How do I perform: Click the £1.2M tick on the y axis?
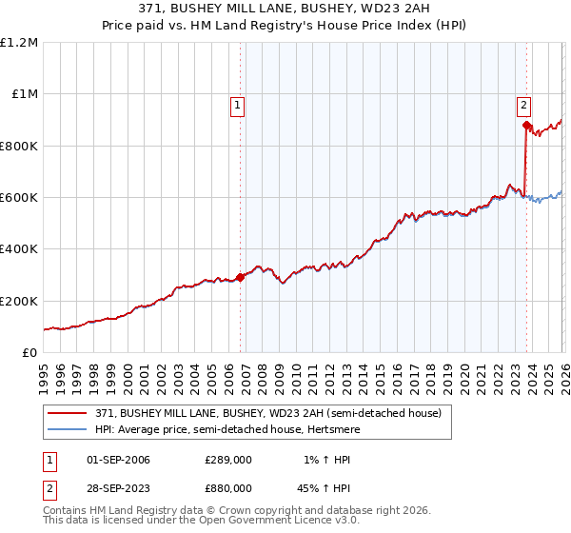coord(19,43)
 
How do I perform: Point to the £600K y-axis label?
coord(18,198)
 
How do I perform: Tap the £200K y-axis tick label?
coord(18,301)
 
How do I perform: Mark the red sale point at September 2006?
coord(240,278)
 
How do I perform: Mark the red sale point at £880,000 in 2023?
coord(526,125)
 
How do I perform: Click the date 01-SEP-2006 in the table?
coord(118,461)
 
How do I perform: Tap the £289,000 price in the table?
coord(227,461)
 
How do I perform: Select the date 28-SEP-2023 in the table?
coord(118,489)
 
